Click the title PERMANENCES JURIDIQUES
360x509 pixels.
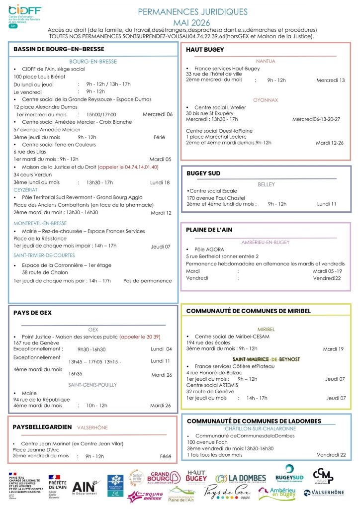click(x=192, y=11)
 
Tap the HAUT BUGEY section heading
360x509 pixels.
click(x=205, y=50)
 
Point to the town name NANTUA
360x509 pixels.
click(x=265, y=61)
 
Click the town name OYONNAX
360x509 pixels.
click(x=265, y=100)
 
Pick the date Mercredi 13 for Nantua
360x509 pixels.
click(x=330, y=80)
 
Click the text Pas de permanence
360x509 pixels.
click(x=148, y=281)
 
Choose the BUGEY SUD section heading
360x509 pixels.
click(x=203, y=173)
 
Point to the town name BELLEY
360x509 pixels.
click(x=266, y=184)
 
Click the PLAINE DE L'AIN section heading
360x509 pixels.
click(x=209, y=230)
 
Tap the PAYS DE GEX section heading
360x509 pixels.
click(x=32, y=313)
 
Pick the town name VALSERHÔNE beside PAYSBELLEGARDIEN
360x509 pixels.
click(x=92, y=427)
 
